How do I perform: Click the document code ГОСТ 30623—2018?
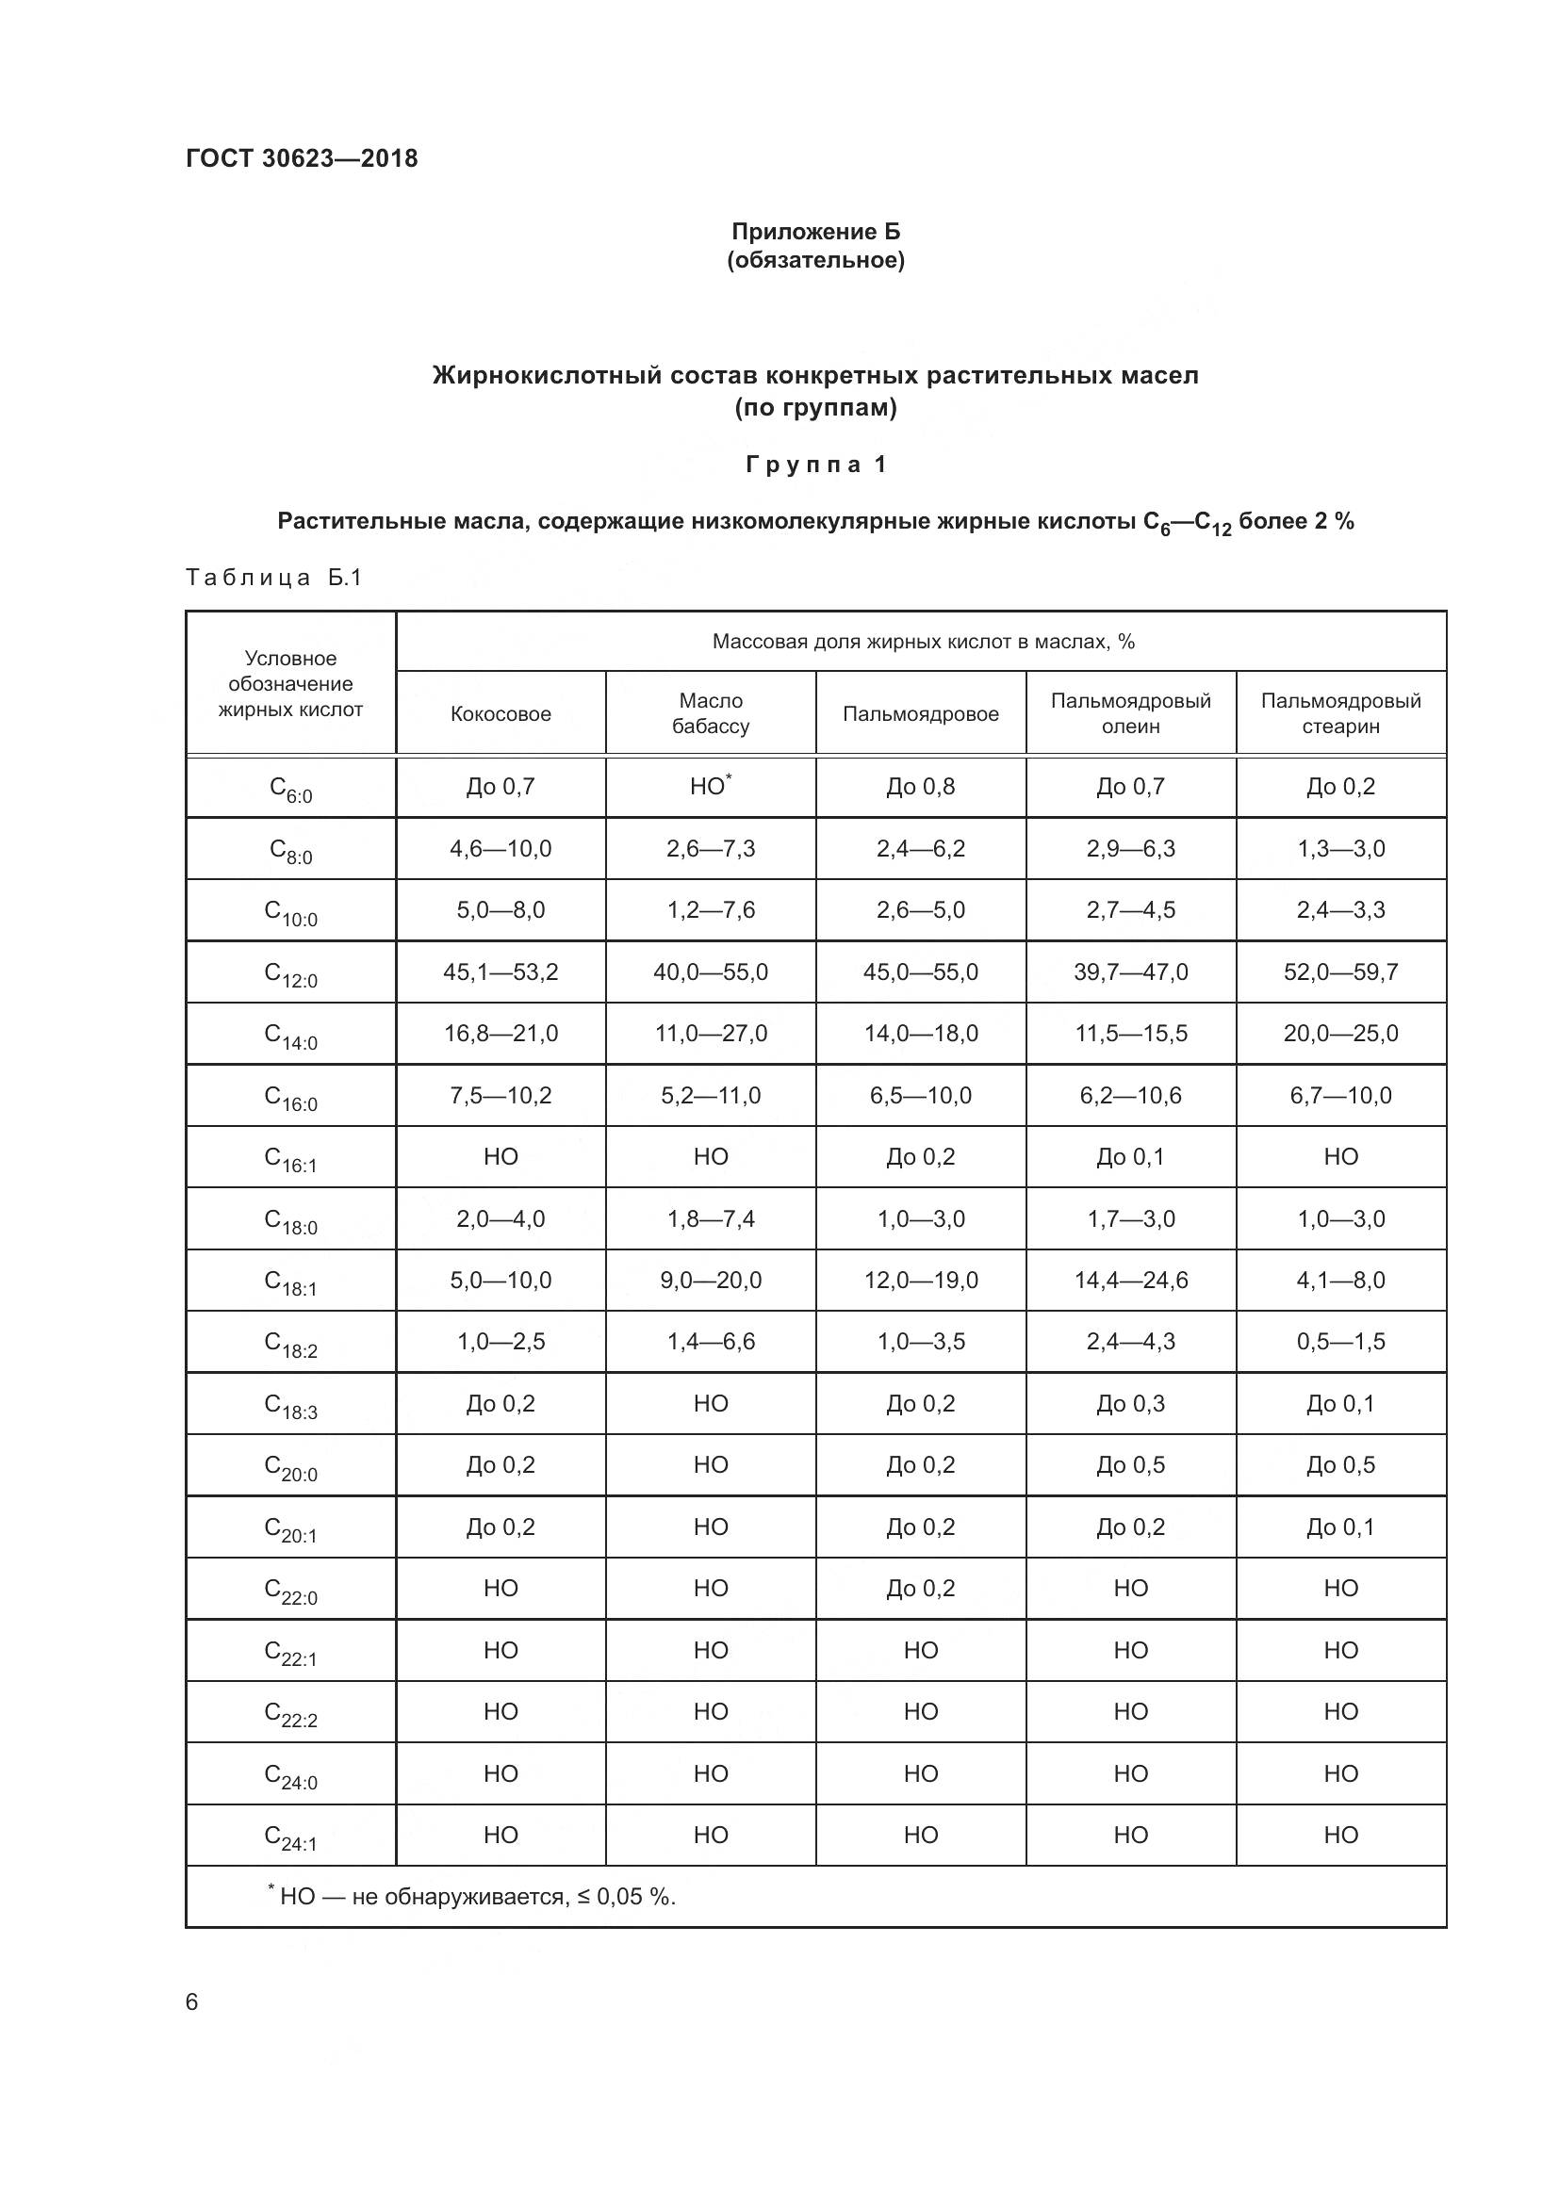(x=302, y=158)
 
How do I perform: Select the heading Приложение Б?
(x=815, y=232)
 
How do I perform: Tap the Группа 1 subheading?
(x=815, y=465)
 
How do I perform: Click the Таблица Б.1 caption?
(x=273, y=577)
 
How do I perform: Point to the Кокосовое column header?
(x=501, y=713)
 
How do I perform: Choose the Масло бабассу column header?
(x=711, y=713)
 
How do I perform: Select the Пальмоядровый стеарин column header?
(x=1340, y=713)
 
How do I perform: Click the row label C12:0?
(x=290, y=974)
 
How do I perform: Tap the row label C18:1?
(x=290, y=1282)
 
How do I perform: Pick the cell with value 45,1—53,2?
(x=501, y=971)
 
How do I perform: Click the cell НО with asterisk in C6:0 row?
(x=711, y=786)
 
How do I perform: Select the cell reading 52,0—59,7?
(x=1340, y=971)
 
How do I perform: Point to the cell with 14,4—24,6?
(x=1130, y=1280)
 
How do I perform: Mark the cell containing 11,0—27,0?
(x=711, y=1033)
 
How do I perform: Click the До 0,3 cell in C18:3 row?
(x=1130, y=1403)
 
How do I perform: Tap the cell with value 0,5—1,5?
(x=1340, y=1341)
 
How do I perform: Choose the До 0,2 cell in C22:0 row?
(x=920, y=1588)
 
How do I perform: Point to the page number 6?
(x=192, y=2001)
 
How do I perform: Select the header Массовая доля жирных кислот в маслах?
(x=923, y=642)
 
